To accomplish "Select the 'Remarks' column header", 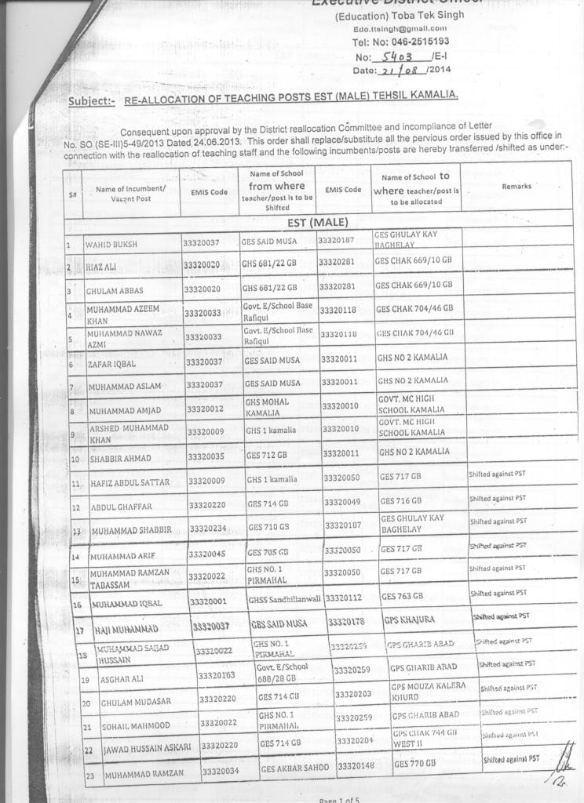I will tap(516, 187).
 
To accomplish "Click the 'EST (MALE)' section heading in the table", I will tap(317, 222).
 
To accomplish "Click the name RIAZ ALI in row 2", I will tap(102, 267).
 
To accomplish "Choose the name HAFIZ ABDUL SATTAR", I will tap(130, 482).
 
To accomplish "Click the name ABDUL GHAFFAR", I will tap(122, 507).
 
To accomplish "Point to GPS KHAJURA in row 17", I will tap(409, 620).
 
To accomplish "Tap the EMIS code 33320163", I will tap(217, 674).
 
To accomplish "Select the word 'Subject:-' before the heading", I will tap(92, 101).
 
